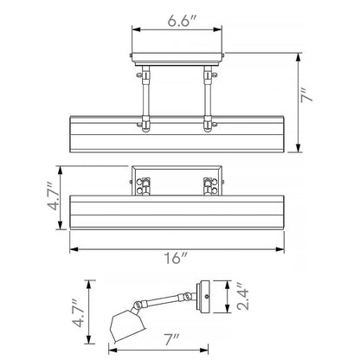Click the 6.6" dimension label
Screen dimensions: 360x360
(182, 21)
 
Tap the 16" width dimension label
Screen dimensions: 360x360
(176, 258)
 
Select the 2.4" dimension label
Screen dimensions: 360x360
(243, 297)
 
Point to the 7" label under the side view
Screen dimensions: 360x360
(172, 340)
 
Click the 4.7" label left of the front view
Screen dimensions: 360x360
(53, 196)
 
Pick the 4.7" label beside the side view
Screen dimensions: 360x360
(79, 313)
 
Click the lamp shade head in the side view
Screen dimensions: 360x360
(127, 325)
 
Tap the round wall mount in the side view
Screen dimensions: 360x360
(203, 296)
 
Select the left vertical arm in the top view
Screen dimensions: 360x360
(145, 99)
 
